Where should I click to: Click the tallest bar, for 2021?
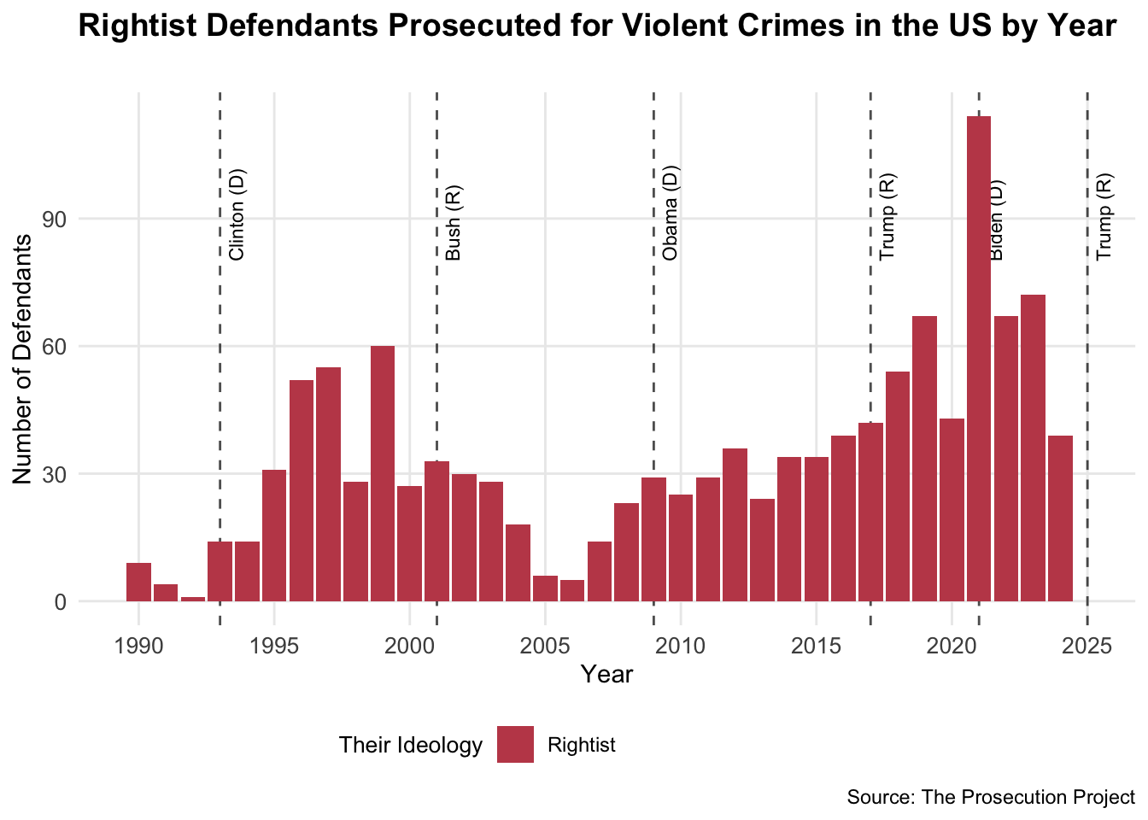pos(979,359)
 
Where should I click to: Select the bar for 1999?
pos(383,473)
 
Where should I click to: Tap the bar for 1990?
pos(138,582)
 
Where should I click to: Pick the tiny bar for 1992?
pos(193,599)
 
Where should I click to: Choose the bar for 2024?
pos(1060,518)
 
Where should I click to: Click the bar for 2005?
pos(545,589)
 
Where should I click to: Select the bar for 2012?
pos(735,524)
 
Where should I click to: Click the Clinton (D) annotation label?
pos(237,214)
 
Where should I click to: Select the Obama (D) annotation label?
pos(671,213)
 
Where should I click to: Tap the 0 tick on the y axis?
pos(61,602)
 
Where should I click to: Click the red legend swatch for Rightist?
pos(515,745)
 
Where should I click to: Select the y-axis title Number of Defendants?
pos(23,358)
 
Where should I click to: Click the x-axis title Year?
pos(606,675)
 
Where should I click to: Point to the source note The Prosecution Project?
pos(991,798)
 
